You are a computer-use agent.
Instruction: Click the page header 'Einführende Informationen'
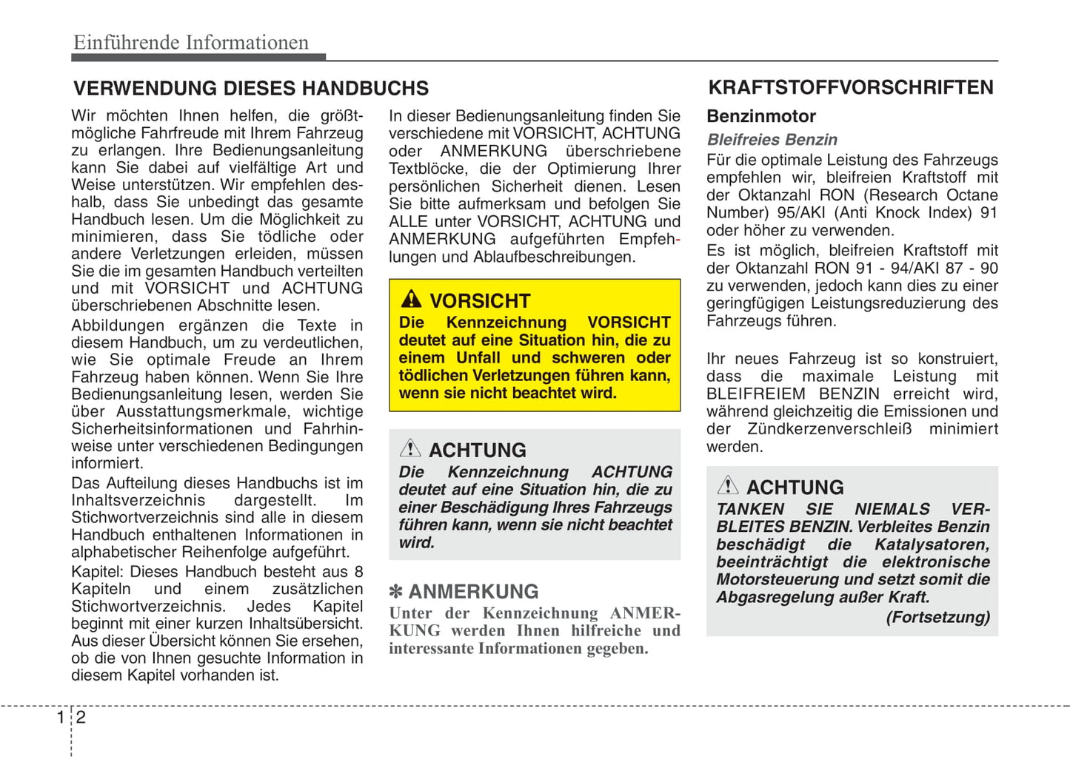[x=191, y=43]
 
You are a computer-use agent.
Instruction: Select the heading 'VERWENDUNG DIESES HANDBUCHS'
[x=250, y=89]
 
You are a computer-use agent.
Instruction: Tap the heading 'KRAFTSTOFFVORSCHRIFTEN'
[x=851, y=88]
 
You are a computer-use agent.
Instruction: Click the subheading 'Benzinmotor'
[x=760, y=117]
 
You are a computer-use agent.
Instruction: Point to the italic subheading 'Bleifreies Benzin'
[x=772, y=140]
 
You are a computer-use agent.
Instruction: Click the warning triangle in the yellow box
[x=411, y=300]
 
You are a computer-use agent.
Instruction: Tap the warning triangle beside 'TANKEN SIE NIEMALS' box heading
[x=727, y=485]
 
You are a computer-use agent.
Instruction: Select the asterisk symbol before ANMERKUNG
[x=396, y=592]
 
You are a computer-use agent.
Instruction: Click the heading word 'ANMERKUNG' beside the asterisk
[x=473, y=592]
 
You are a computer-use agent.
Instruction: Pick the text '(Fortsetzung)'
[x=937, y=617]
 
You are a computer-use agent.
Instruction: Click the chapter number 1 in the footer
[x=61, y=717]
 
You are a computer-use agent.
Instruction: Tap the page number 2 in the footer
[x=81, y=717]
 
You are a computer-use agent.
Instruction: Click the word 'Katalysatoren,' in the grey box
[x=932, y=544]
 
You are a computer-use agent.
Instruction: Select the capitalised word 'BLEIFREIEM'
[x=755, y=394]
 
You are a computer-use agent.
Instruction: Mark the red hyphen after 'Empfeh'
[x=678, y=240]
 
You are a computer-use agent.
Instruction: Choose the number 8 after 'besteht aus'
[x=358, y=572]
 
